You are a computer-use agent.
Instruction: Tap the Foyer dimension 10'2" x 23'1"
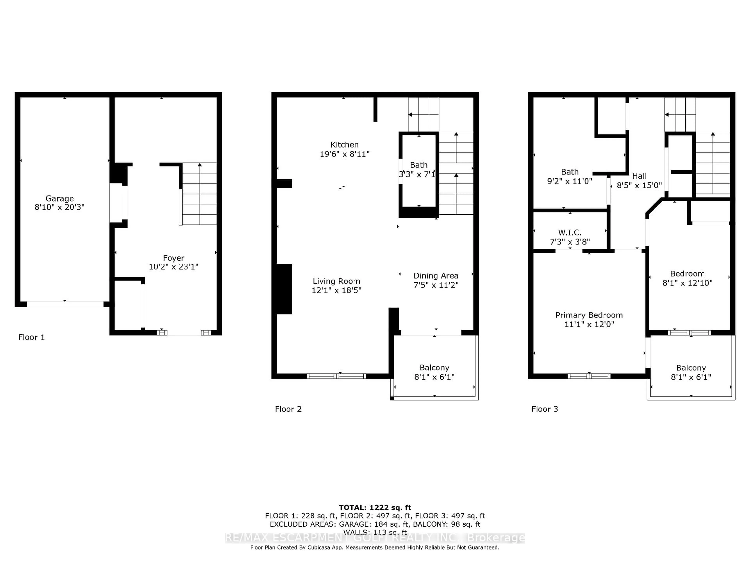click(174, 267)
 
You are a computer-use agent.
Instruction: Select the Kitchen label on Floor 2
click(345, 145)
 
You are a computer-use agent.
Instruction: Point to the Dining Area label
click(436, 276)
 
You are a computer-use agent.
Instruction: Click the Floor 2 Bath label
click(418, 165)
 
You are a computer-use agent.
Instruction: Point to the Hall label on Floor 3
click(639, 176)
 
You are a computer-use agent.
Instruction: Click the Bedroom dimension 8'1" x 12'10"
click(687, 283)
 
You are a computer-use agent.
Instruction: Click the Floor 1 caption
click(31, 337)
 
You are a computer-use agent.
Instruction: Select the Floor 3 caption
click(545, 409)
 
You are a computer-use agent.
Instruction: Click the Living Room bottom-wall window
click(336, 376)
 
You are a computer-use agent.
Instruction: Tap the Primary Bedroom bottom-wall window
click(589, 376)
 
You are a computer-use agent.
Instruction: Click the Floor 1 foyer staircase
click(199, 194)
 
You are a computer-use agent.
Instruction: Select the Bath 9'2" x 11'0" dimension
click(570, 181)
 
